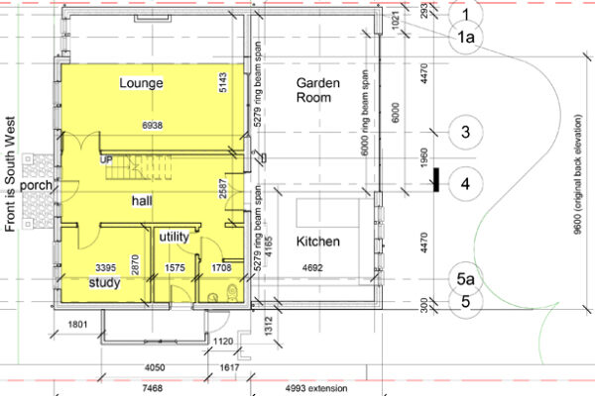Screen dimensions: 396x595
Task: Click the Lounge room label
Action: [x=141, y=82]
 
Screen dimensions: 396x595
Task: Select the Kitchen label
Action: [x=318, y=242]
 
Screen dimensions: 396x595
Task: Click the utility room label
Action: [x=174, y=237]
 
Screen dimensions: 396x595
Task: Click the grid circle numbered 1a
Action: [x=466, y=39]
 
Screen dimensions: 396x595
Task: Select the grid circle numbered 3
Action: [x=466, y=131]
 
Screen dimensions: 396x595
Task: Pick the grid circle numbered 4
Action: [x=466, y=182]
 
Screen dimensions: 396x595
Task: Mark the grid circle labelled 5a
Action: [x=466, y=280]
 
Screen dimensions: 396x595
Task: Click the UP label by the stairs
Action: [x=104, y=158]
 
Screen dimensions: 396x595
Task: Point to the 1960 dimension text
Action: [x=421, y=158]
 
